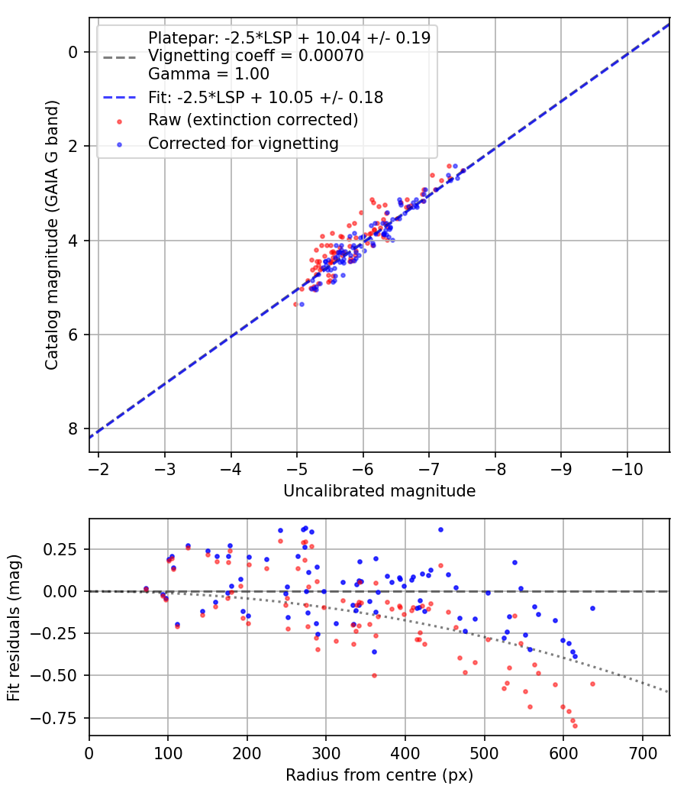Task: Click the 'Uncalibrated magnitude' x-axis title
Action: click(x=379, y=491)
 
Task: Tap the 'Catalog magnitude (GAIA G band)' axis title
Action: click(x=52, y=234)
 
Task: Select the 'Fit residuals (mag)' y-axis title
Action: click(x=14, y=627)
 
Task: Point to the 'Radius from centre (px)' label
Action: click(x=379, y=775)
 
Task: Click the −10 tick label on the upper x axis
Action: click(x=627, y=469)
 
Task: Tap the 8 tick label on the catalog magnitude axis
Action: click(x=73, y=428)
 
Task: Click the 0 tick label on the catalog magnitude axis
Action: click(x=73, y=52)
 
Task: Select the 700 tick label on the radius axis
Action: click(x=642, y=753)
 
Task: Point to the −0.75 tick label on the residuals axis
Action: click(x=53, y=718)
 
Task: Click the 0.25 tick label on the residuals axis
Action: click(x=59, y=549)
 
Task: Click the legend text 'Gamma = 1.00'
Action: click(x=208, y=73)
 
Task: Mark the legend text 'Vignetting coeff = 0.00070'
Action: click(x=256, y=55)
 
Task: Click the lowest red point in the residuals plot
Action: click(x=575, y=726)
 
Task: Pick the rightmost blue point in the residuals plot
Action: click(x=592, y=608)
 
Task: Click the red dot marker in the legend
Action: click(x=120, y=121)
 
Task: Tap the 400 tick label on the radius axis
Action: click(x=405, y=753)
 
